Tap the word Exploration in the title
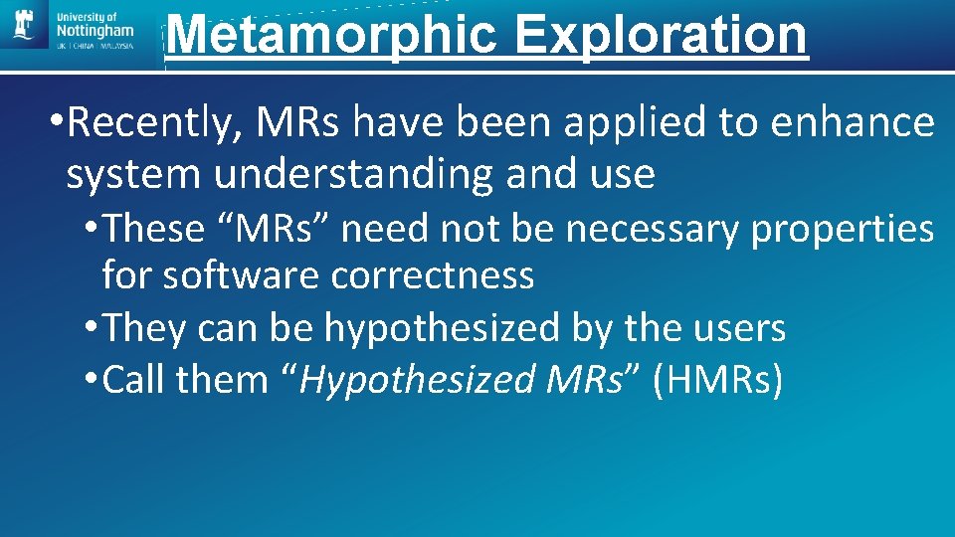click(661, 35)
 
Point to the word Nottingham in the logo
click(95, 32)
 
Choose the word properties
click(843, 229)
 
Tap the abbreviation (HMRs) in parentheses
click(717, 379)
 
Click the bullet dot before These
click(92, 230)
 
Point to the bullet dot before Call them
click(92, 380)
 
